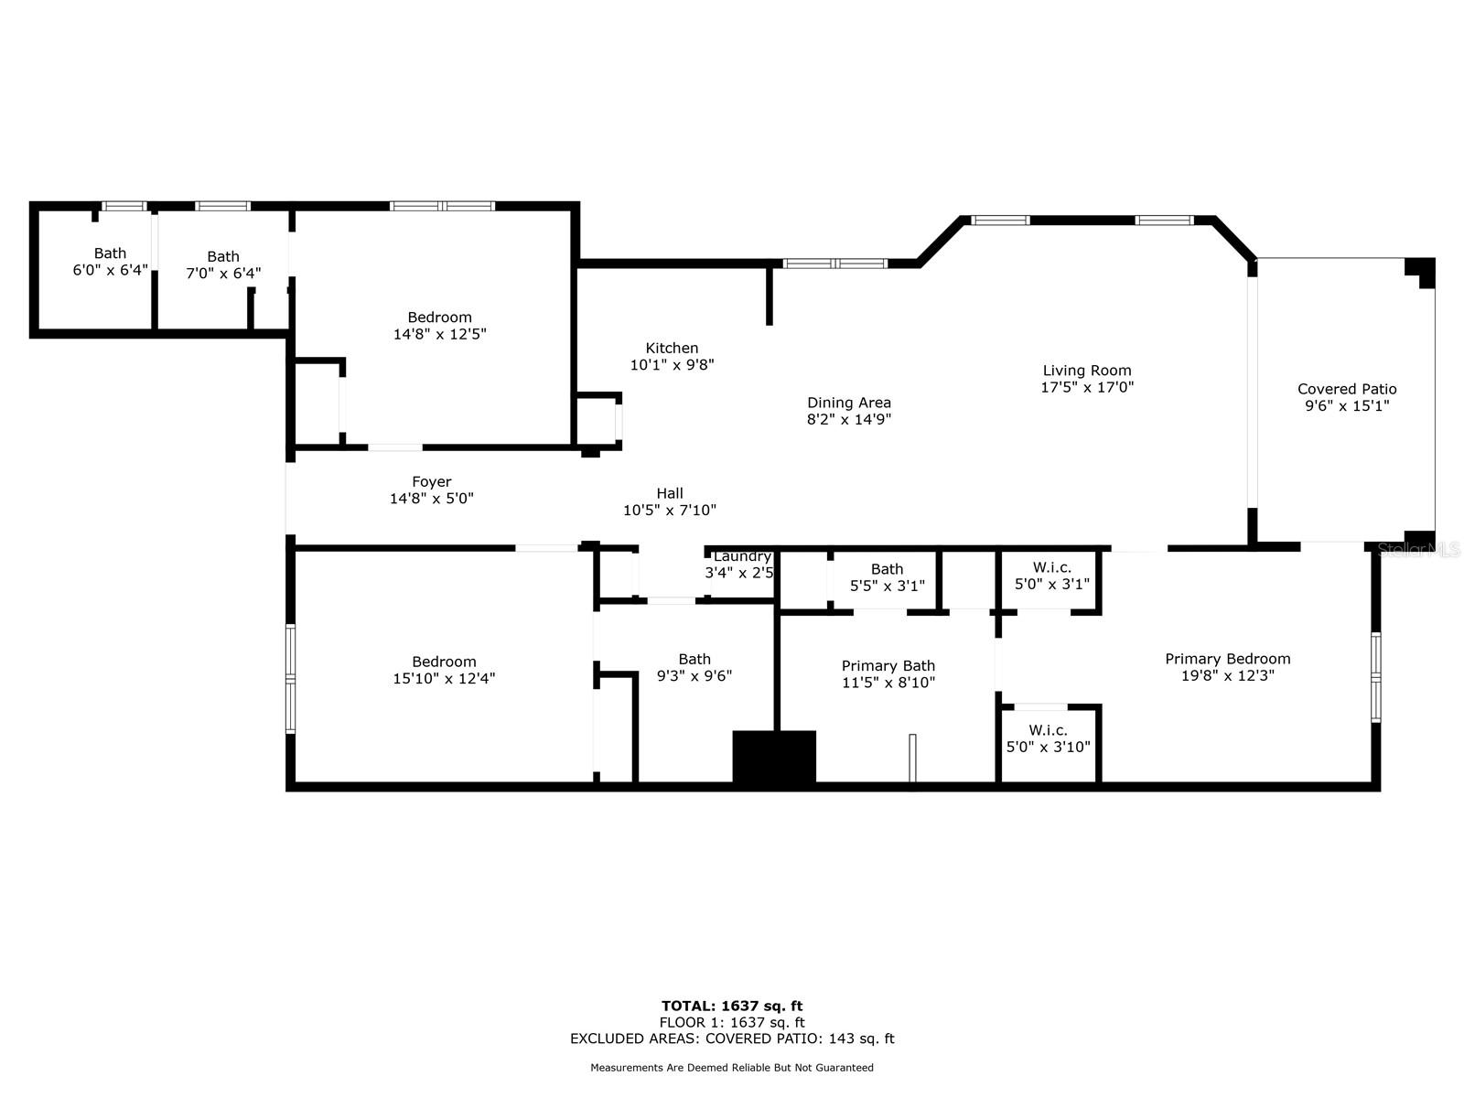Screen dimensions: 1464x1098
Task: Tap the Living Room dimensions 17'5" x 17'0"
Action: (1086, 387)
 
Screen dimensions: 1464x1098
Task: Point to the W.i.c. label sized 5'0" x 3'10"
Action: (1048, 739)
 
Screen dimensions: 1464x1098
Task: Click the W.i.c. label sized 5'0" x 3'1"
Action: (1052, 576)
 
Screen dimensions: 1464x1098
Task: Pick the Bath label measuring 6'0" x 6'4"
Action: (110, 262)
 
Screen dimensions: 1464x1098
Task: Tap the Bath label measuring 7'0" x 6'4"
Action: (222, 265)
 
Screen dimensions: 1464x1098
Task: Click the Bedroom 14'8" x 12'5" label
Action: (439, 326)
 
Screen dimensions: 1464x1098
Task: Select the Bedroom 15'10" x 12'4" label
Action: (444, 671)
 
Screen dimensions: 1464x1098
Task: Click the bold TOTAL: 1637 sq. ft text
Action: (732, 1006)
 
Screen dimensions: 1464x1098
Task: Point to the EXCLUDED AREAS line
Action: (732, 1039)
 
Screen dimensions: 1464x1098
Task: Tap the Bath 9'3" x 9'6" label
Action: (694, 668)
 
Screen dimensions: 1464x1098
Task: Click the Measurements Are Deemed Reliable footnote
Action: (732, 1068)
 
